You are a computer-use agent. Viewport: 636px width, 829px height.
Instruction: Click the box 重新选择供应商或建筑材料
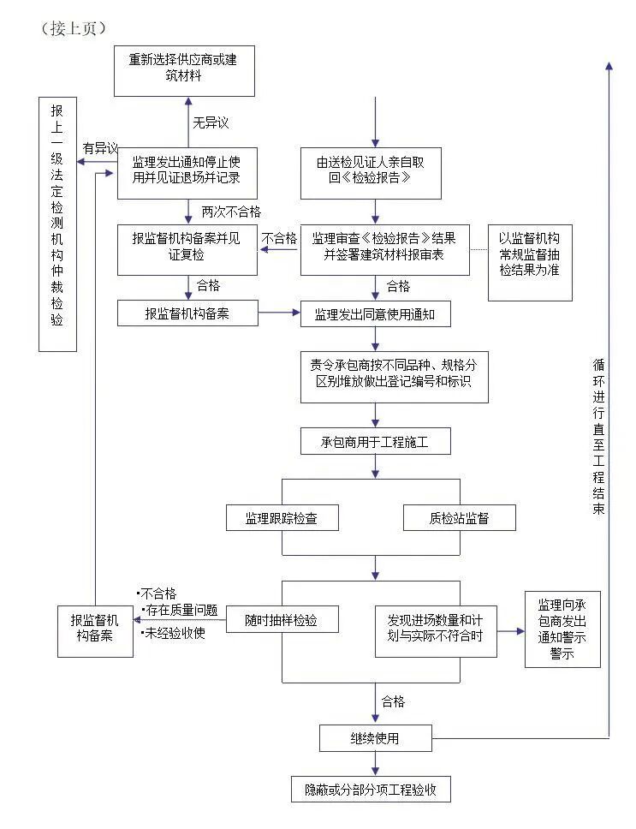185,70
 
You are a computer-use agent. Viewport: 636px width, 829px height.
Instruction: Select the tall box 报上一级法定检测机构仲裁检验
57,224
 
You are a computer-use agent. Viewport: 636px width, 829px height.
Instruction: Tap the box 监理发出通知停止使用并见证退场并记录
187,173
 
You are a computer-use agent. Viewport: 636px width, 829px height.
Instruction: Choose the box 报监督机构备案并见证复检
187,248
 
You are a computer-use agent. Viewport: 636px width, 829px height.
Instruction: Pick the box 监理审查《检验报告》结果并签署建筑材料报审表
384,248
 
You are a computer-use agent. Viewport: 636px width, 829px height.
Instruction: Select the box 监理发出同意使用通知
375,314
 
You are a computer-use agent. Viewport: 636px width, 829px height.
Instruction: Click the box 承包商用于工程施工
375,441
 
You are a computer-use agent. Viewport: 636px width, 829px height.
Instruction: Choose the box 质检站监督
460,518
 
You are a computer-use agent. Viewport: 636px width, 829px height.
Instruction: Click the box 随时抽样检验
280,619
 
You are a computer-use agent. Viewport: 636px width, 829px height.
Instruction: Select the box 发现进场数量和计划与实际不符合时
436,632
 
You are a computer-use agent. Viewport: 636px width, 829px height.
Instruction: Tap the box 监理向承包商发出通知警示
562,629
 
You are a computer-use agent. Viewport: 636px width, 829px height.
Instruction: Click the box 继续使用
375,737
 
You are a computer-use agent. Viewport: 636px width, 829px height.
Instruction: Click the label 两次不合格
231,211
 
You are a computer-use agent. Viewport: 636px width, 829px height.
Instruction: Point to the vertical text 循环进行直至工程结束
599,437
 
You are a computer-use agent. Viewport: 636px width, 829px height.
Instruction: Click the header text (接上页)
74,28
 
